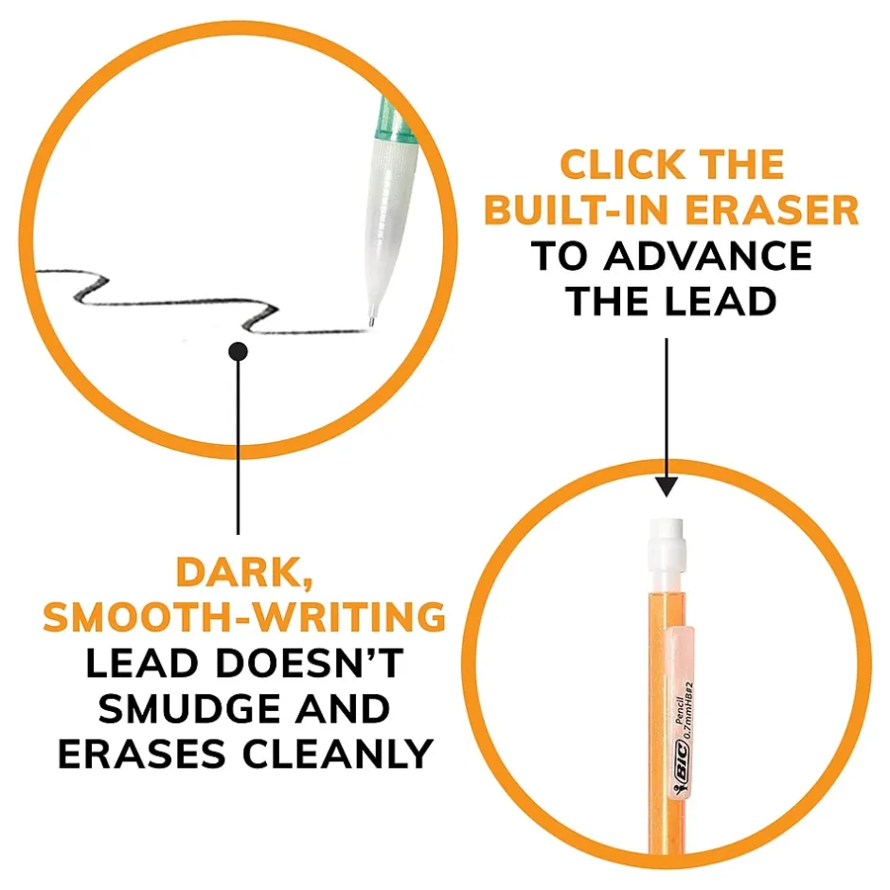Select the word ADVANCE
pyautogui.click(x=708, y=256)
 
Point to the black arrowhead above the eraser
pyautogui.click(x=667, y=487)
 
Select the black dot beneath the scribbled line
pyautogui.click(x=238, y=351)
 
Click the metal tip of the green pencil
pyautogui.click(x=372, y=317)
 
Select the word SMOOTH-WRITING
pyautogui.click(x=244, y=617)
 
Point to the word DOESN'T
pyautogui.click(x=309, y=663)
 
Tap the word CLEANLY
pyautogui.click(x=338, y=754)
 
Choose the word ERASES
pyautogui.click(x=142, y=754)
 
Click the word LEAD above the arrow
pyautogui.click(x=721, y=301)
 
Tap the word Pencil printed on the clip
pyautogui.click(x=678, y=709)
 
